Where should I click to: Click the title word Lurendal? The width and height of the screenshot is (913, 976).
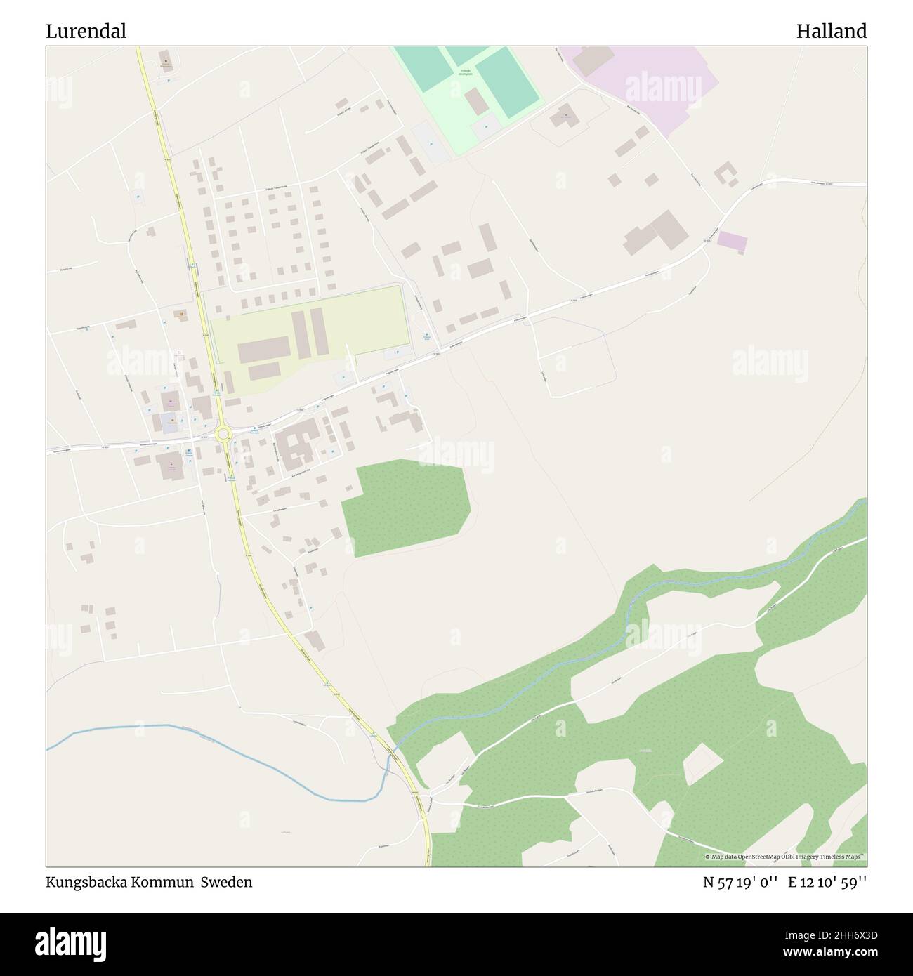[x=86, y=32]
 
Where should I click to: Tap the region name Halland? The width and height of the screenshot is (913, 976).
[x=831, y=32]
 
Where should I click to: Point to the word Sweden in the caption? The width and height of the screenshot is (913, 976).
[x=227, y=882]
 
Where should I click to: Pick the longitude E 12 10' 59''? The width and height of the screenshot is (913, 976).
[x=827, y=883]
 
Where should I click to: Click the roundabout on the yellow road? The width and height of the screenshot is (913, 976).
[x=223, y=435]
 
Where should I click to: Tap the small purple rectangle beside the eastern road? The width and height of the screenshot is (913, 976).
[x=732, y=242]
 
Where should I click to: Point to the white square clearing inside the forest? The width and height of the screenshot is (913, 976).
[x=703, y=764]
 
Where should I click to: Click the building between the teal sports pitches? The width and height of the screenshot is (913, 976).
[x=476, y=102]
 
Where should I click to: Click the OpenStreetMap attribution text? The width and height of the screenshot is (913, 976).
[x=785, y=857]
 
